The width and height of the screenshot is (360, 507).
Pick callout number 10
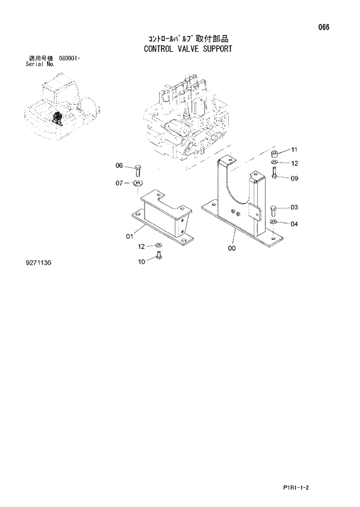(141, 261)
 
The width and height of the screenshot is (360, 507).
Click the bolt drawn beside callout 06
(138, 170)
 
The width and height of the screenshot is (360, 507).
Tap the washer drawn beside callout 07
(138, 184)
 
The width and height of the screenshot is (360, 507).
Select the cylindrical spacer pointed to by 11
(272, 153)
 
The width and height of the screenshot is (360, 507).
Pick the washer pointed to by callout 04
(273, 222)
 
